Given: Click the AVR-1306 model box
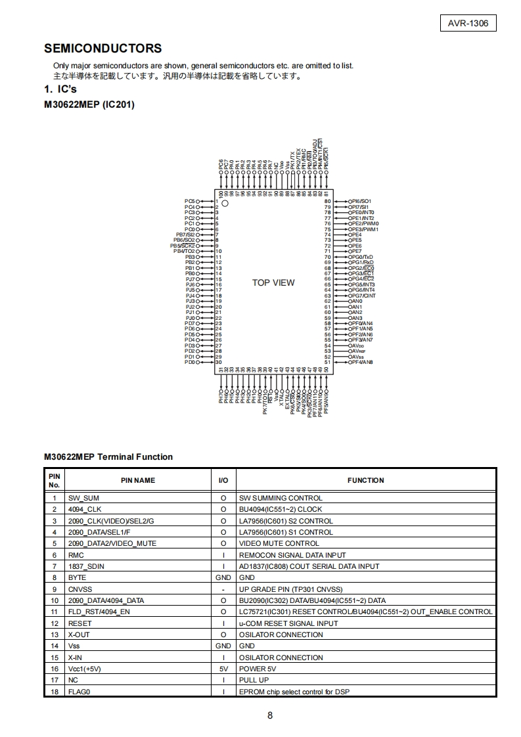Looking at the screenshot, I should click(468, 24).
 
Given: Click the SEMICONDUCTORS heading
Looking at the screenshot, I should click(102, 49).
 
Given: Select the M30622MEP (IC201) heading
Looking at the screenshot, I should click(89, 104).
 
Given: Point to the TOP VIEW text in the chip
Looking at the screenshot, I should click(273, 282).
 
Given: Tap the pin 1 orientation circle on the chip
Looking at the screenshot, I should click(225, 204).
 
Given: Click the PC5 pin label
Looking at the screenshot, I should click(190, 201).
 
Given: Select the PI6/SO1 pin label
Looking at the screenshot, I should click(361, 201).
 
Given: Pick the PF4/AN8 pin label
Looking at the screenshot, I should click(362, 362).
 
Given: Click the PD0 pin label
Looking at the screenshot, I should click(190, 362).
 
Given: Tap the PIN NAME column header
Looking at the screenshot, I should click(138, 480).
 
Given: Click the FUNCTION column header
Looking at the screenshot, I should click(365, 480).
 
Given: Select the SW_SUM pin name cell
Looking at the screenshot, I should click(83, 498).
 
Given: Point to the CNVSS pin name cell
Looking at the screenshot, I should click(80, 589).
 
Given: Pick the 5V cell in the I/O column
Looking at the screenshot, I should click(223, 669).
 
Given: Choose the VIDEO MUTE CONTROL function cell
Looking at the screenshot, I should click(279, 543).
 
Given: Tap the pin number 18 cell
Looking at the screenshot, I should click(55, 692).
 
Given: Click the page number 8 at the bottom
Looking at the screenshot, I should click(270, 715).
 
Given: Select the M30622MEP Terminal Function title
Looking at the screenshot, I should click(108, 457).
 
